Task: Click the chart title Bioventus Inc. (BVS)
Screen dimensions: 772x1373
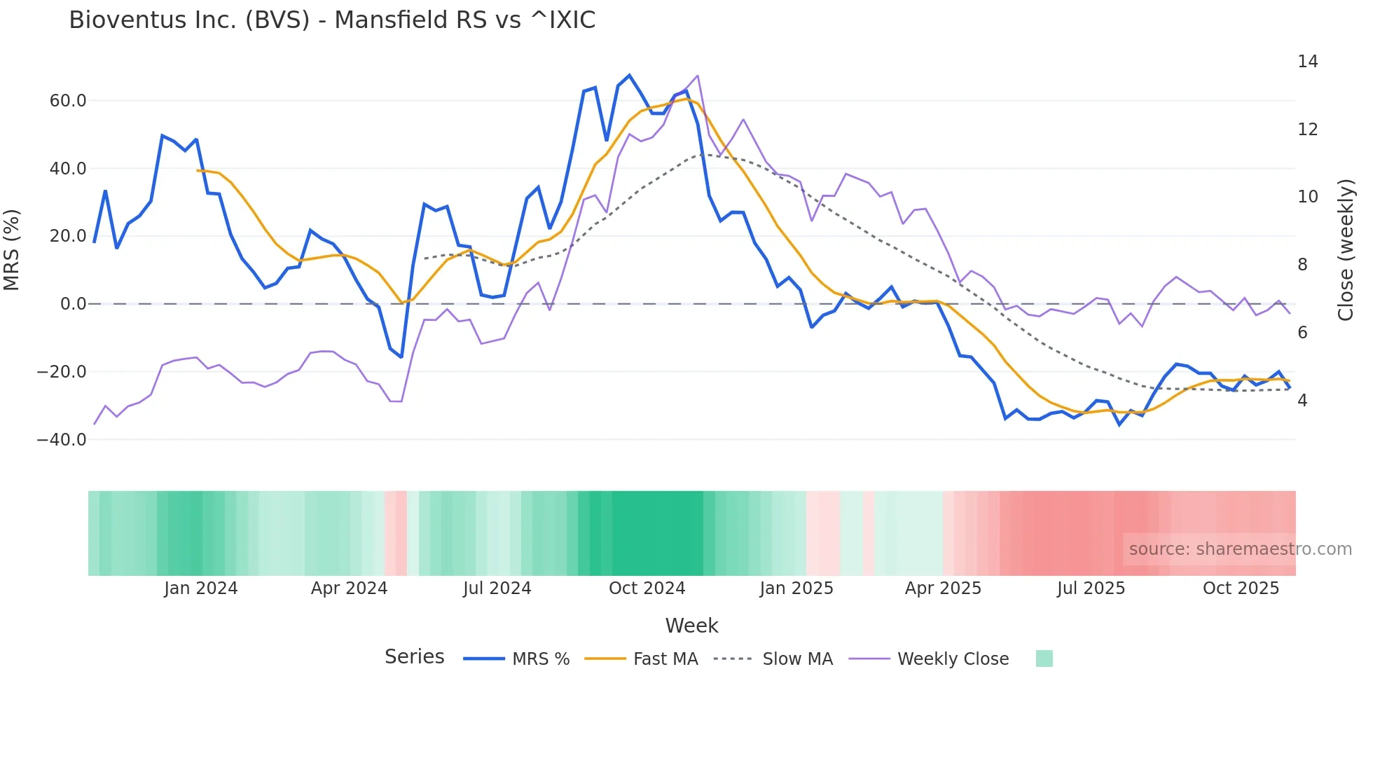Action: point(332,20)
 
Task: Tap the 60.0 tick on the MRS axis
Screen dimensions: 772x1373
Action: point(68,101)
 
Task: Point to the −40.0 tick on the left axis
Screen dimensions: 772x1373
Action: point(62,440)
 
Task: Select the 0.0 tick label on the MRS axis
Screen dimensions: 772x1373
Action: point(74,304)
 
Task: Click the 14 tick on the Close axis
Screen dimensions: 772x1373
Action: point(1307,62)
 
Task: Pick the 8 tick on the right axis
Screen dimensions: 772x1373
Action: point(1302,265)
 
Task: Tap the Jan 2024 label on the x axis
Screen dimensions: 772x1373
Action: point(201,588)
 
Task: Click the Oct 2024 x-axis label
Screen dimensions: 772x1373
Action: point(647,588)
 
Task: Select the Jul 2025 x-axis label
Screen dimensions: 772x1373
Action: point(1091,588)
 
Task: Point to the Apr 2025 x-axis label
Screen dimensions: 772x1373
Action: point(943,588)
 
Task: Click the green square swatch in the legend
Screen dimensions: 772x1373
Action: point(1044,659)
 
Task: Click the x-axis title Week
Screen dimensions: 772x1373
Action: point(691,626)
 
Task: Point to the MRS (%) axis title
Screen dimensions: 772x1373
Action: point(12,249)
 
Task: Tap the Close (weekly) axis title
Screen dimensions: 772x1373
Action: point(1346,250)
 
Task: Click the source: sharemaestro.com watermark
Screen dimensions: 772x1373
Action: point(1240,549)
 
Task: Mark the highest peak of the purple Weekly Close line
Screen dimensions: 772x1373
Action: point(698,76)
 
